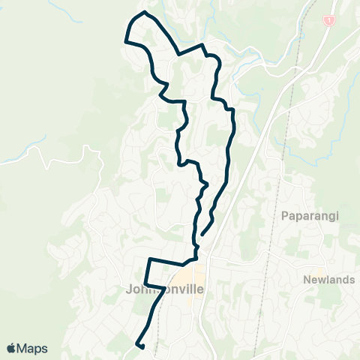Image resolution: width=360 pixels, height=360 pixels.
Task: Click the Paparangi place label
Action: click(310, 217)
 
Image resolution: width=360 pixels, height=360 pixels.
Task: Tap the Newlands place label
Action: click(329, 280)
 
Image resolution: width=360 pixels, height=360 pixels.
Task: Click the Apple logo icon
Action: click(12, 348)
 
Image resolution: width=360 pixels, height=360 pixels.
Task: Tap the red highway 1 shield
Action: click(328, 19)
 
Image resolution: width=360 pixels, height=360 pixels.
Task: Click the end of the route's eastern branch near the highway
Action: click(202, 234)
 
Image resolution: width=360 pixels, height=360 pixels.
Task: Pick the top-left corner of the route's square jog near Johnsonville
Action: click(149, 259)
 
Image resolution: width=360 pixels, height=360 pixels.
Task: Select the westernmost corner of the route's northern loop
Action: click(124, 42)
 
